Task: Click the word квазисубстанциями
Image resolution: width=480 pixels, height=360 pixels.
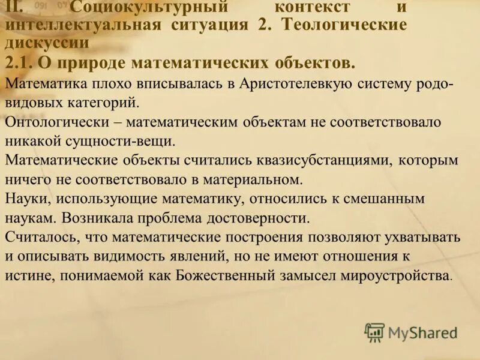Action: (328, 160)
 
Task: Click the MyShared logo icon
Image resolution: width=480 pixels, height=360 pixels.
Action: (374, 332)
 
